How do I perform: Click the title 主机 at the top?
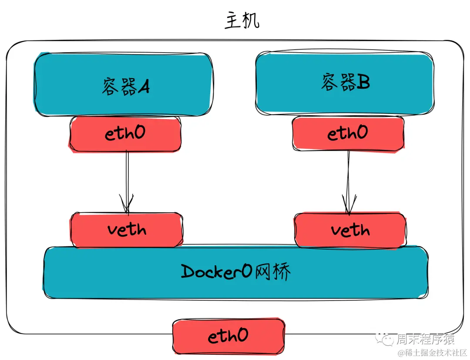(x=242, y=21)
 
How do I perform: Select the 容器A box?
(x=124, y=84)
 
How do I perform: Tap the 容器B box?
(x=345, y=83)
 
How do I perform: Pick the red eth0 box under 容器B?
(x=348, y=133)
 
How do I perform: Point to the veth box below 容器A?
(x=126, y=230)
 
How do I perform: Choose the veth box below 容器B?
(x=350, y=230)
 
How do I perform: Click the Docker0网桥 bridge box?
(x=235, y=273)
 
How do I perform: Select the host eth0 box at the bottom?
(x=228, y=336)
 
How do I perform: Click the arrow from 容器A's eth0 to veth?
(x=127, y=178)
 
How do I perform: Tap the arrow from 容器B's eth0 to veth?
(x=348, y=178)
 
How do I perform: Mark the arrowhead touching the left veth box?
(x=127, y=206)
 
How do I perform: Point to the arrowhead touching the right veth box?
(x=348, y=207)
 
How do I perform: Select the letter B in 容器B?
(x=363, y=83)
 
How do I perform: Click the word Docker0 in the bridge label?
(x=216, y=272)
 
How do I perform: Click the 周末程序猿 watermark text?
(x=425, y=339)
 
